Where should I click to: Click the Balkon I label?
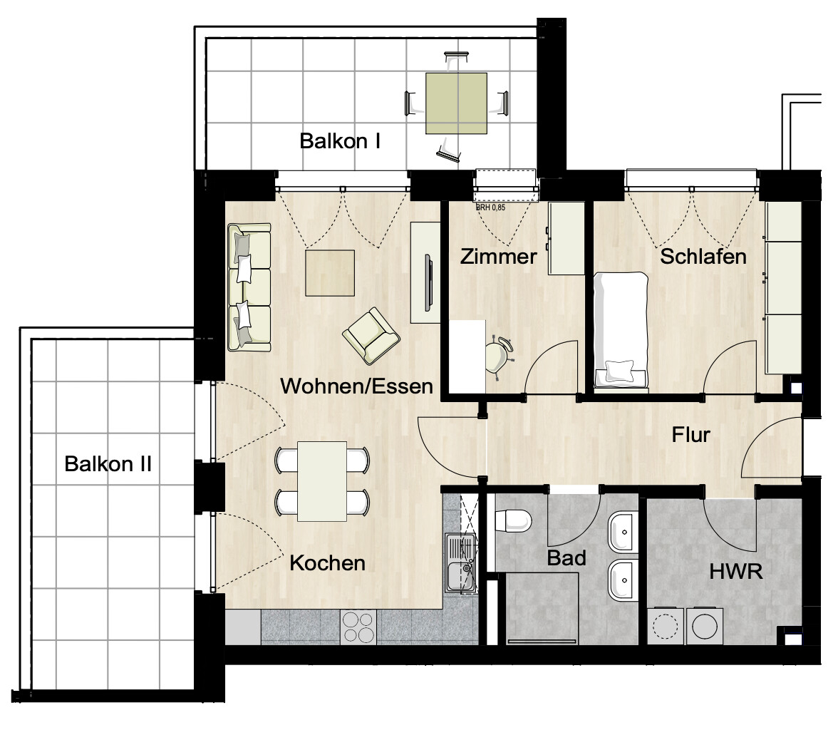pyautogui.click(x=339, y=140)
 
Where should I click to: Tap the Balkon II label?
pyautogui.click(x=108, y=464)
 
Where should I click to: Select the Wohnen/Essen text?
pyautogui.click(x=356, y=386)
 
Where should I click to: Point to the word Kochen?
pyautogui.click(x=327, y=563)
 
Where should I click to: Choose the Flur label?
pyautogui.click(x=690, y=434)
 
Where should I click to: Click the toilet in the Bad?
pyautogui.click(x=512, y=520)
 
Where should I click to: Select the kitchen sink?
pyautogui.click(x=460, y=564)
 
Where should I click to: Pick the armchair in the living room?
pyautogui.click(x=371, y=335)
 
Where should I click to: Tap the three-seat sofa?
pyautogui.click(x=249, y=287)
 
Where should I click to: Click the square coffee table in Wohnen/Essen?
pyautogui.click(x=330, y=272)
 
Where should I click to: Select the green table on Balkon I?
pyautogui.click(x=457, y=103)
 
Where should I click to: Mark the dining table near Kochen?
pyautogui.click(x=322, y=481)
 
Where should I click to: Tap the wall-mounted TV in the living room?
pyautogui.click(x=427, y=282)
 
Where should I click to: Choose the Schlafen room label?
pyautogui.click(x=703, y=257)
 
